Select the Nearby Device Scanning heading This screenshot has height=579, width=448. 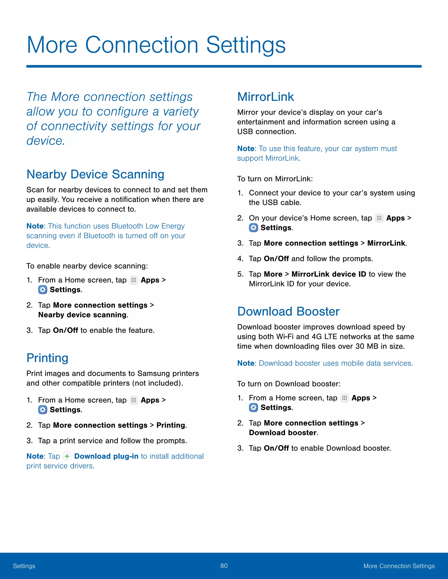(x=95, y=174)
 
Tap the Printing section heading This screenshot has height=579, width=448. (x=47, y=358)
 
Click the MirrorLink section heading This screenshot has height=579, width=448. (x=265, y=97)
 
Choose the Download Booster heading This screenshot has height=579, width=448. (x=288, y=312)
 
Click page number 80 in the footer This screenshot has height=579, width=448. (x=224, y=566)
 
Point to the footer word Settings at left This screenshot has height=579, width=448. (x=24, y=566)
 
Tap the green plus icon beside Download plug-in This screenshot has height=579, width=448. (x=67, y=456)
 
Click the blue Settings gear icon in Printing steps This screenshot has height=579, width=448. (x=42, y=410)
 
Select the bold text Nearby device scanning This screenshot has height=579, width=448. (x=82, y=315)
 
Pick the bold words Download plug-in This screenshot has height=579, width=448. (x=106, y=456)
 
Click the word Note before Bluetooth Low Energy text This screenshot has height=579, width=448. (x=35, y=226)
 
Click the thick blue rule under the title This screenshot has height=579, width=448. (x=224, y=66)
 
